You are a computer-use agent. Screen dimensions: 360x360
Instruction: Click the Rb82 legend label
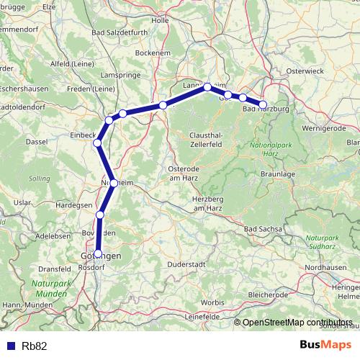[35, 346]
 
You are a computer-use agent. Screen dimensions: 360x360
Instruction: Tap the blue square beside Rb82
[10, 346]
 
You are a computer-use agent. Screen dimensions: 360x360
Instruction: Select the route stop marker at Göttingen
[98, 253]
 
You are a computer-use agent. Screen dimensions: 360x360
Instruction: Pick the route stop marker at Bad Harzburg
[263, 104]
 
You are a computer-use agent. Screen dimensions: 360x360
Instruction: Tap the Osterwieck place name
[307, 71]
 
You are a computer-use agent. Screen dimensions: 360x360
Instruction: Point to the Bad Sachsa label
[262, 229]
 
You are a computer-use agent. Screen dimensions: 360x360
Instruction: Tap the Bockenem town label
[156, 53]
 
